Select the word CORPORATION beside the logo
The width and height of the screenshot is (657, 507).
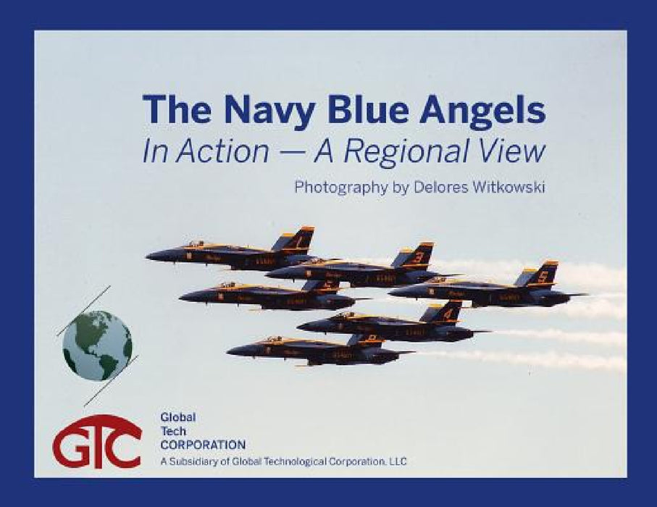click(203, 445)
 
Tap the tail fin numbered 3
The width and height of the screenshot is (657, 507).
click(418, 256)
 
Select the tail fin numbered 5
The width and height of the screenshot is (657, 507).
click(542, 276)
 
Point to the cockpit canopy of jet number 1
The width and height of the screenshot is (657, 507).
click(196, 245)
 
